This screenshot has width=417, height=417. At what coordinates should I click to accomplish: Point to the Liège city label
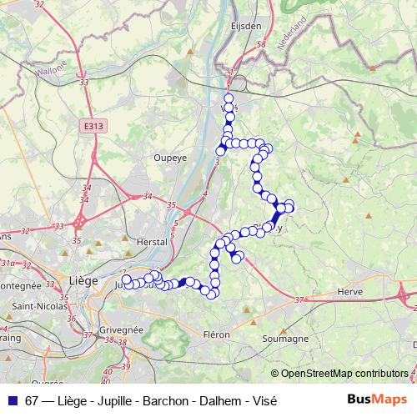[x=84, y=280]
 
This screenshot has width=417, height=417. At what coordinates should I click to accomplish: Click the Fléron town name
[x=216, y=334]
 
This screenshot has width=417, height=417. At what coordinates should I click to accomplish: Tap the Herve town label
[x=350, y=292]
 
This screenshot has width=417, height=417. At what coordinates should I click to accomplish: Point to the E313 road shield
[x=93, y=125]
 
